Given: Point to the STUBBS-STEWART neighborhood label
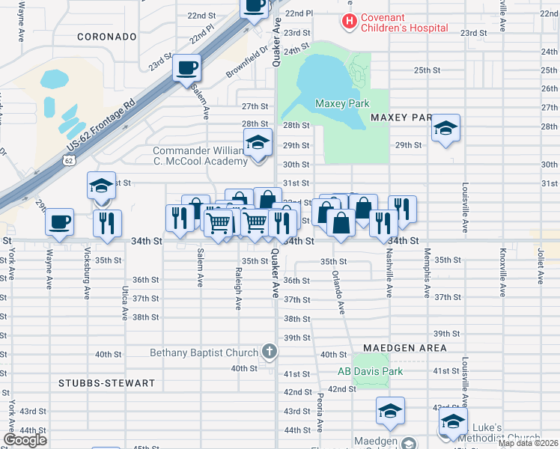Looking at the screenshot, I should click(x=106, y=383).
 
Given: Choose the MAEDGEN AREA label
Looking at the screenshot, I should click(x=405, y=348).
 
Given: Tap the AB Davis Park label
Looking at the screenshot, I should click(x=370, y=371).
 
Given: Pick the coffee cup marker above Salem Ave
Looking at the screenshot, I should click(x=187, y=68).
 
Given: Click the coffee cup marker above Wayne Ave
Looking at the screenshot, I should click(x=60, y=222).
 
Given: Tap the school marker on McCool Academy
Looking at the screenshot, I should click(x=257, y=141).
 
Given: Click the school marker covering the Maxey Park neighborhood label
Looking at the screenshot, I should click(x=445, y=128).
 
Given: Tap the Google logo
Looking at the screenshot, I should click(x=25, y=440).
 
